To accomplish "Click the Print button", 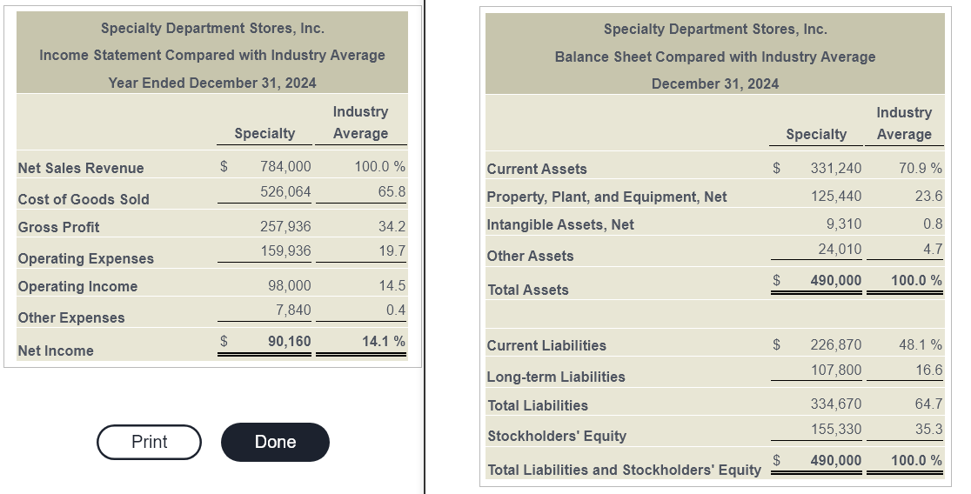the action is point(150,442).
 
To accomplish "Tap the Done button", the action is point(275,442).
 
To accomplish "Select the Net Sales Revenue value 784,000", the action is point(285,166).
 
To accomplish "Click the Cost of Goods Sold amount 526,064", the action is point(285,192).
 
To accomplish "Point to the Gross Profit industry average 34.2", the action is point(392,227).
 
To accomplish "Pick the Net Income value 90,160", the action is point(289,341).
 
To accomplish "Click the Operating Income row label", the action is point(77,287).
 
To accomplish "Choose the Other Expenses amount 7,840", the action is point(293,310).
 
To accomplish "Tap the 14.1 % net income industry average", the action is point(384,341).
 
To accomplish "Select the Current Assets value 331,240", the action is point(836,168).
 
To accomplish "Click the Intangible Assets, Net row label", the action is point(560,224).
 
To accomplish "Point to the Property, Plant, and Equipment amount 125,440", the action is point(836,197).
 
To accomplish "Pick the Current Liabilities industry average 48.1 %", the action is point(921,344).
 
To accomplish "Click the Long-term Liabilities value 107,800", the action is point(836,370).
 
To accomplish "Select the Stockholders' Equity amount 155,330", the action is point(836,429).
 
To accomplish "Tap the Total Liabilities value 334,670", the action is point(836,404).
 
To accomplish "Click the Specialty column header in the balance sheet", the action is point(816,134).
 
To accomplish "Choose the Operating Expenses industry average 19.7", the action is point(392,250).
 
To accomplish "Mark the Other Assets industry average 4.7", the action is point(934,249).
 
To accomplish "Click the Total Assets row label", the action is point(528,290).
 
